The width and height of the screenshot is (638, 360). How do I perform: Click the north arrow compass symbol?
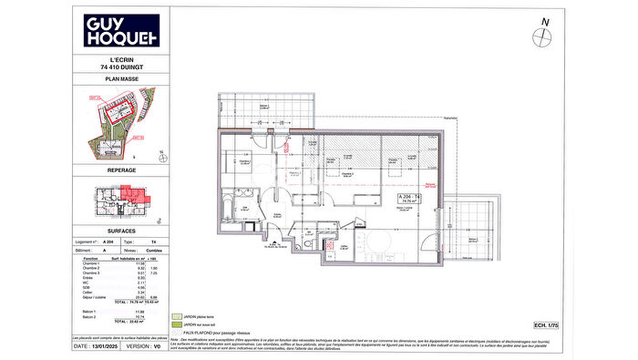coord(545,36)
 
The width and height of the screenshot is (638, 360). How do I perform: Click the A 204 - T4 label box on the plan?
coord(408,201)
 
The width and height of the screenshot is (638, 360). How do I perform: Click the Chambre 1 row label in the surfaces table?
coord(91,264)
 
